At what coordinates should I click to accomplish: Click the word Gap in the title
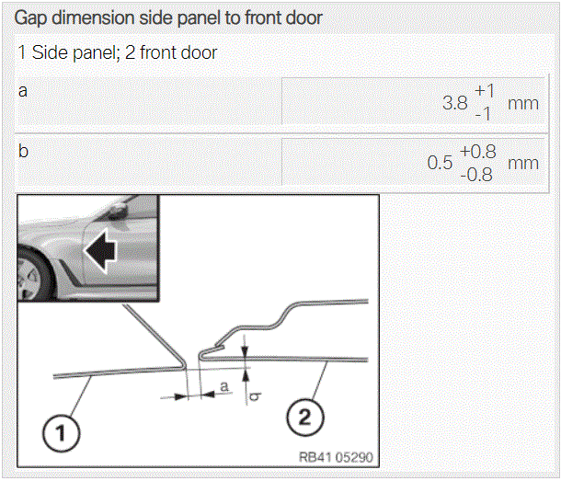tap(30, 17)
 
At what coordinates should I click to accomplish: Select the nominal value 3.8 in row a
tap(455, 103)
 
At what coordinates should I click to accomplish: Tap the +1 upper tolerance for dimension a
tap(485, 90)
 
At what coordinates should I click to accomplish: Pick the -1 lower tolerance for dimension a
tap(483, 114)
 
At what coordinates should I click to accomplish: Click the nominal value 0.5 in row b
tap(441, 163)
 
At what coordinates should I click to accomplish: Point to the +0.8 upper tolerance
tap(478, 152)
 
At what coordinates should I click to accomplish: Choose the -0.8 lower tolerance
tap(476, 175)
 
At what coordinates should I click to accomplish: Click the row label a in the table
tap(23, 91)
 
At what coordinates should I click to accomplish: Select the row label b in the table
tap(23, 151)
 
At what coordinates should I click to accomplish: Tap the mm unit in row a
tap(523, 104)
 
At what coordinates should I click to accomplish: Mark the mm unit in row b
tap(523, 164)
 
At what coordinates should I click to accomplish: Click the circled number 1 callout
tap(62, 433)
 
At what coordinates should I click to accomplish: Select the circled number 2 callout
tap(304, 418)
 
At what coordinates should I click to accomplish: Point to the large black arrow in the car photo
tap(101, 250)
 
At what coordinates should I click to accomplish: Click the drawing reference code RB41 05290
tap(336, 457)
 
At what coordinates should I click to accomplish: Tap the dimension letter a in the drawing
tap(224, 386)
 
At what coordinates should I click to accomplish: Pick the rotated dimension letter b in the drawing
tap(255, 396)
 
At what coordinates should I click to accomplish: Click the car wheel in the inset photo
tap(32, 276)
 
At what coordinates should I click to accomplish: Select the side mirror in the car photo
tap(117, 212)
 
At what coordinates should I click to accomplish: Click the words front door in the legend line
tap(178, 52)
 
